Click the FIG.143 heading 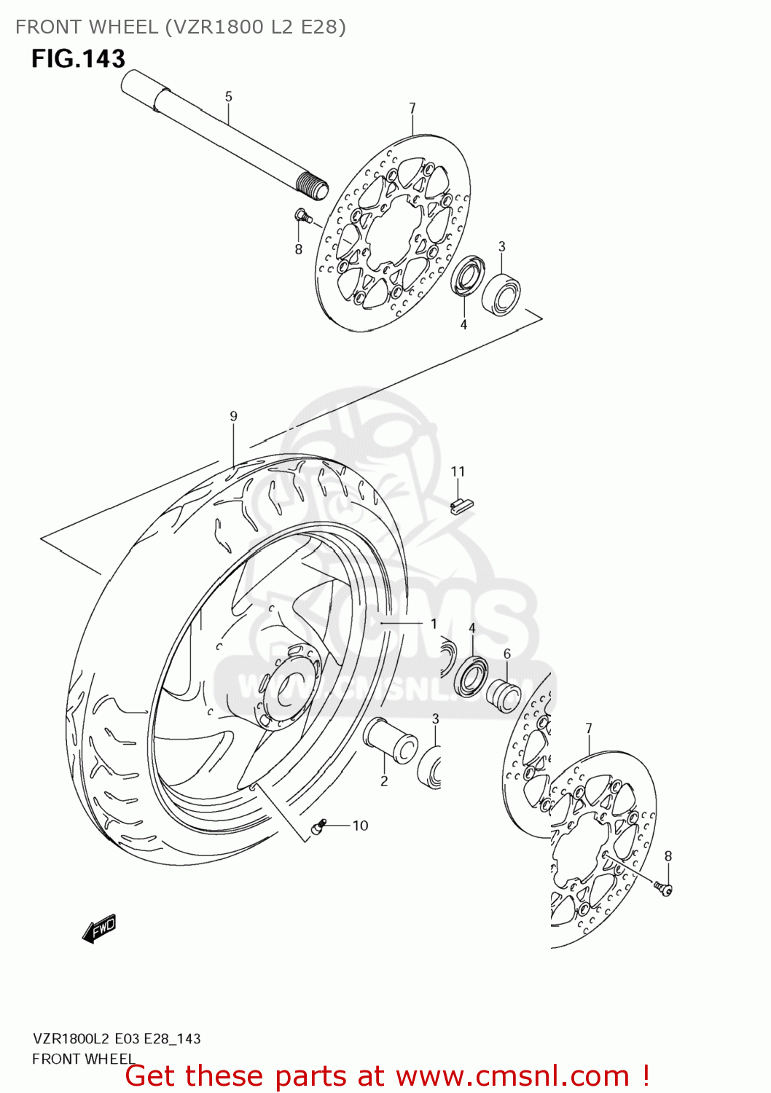tap(78, 59)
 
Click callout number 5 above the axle tap(228, 96)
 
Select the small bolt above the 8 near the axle tap(302, 215)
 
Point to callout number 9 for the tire tap(233, 416)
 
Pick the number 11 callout tap(458, 471)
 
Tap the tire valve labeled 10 tap(318, 827)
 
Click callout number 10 tap(360, 826)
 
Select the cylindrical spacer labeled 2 tap(391, 740)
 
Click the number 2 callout tap(384, 781)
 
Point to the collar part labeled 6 tap(504, 693)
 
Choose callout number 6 tap(507, 654)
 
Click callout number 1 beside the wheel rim tap(434, 624)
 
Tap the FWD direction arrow tap(100, 928)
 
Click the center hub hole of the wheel tap(289, 683)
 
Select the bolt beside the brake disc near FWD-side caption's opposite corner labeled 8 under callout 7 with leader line tap(662, 887)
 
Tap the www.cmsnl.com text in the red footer tap(512, 1076)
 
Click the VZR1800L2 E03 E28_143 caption tap(117, 1038)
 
